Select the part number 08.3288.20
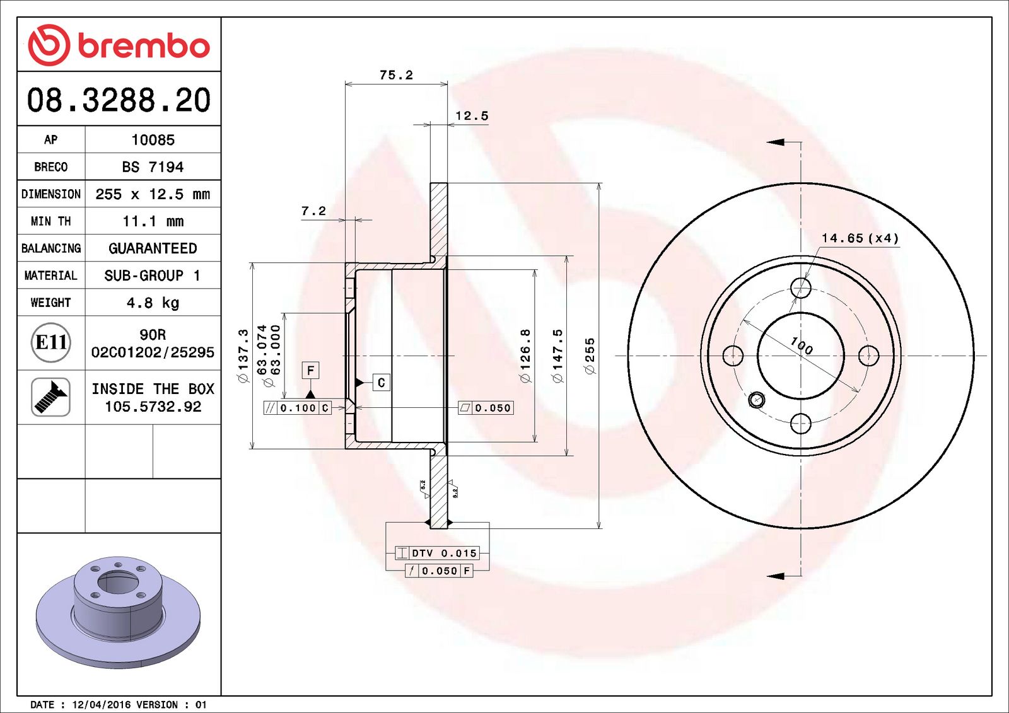tap(119, 100)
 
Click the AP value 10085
tap(153, 140)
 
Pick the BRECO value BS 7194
tap(153, 167)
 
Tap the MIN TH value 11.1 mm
tap(153, 221)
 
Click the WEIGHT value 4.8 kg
tap(153, 303)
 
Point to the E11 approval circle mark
tap(50, 342)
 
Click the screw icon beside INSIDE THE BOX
tap(50, 397)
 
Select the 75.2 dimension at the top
tap(396, 75)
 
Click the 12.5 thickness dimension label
tap(472, 116)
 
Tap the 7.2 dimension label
tap(313, 211)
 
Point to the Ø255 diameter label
tap(590, 356)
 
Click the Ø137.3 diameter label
tap(243, 356)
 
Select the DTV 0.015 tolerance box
tap(437, 553)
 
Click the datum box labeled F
tap(310, 371)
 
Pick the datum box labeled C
tap(381, 383)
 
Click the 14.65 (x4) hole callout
tap(860, 238)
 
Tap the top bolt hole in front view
tap(801, 288)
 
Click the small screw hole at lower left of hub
tap(756, 399)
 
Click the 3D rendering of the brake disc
tap(118, 608)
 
